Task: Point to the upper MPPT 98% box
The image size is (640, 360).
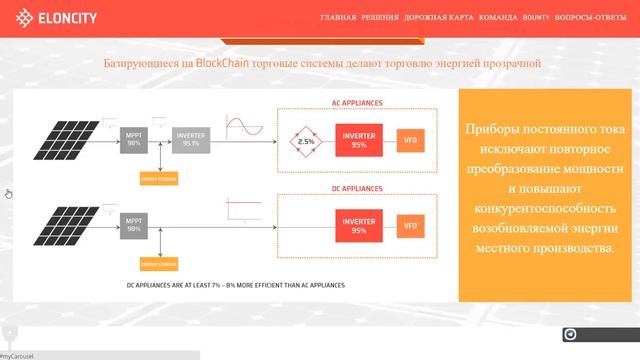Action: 133,140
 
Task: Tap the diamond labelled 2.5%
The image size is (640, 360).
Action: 306,142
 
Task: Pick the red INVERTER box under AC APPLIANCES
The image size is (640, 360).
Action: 359,141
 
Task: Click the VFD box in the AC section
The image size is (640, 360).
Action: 410,141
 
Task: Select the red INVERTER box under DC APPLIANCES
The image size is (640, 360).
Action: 359,227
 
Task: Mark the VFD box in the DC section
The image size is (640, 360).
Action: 410,227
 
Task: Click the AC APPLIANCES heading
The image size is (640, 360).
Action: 358,103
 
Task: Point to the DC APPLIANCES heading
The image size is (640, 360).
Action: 358,189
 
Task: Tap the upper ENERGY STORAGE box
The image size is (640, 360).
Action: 160,178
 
